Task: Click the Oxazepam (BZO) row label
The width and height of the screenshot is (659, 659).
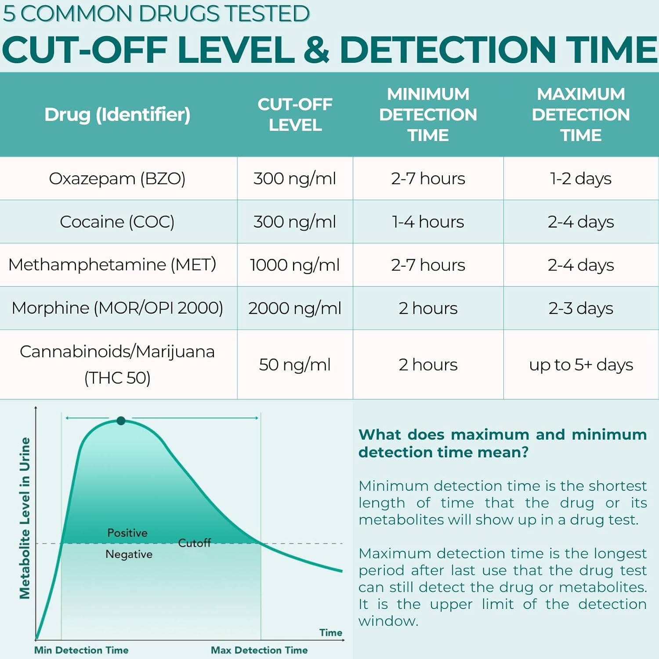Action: tap(117, 179)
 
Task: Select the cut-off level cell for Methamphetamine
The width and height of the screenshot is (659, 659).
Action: tap(295, 265)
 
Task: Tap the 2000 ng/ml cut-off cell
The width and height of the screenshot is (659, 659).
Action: tap(295, 308)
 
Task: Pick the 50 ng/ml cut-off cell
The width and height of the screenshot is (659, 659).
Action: tap(295, 365)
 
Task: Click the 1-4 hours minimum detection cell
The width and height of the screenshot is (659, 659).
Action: tap(428, 222)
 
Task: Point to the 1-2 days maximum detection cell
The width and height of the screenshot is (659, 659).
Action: tap(581, 179)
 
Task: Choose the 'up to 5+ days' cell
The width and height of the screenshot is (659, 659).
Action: tap(581, 365)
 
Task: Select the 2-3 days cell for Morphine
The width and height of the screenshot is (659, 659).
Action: tap(581, 308)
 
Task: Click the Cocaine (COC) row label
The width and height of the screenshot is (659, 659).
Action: tap(117, 222)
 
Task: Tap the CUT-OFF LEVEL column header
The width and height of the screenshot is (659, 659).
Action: tap(295, 115)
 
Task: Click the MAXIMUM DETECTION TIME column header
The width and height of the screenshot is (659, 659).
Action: tap(581, 115)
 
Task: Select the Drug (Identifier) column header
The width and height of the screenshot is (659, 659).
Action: tap(117, 115)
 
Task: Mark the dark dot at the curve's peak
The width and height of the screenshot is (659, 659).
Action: tap(121, 421)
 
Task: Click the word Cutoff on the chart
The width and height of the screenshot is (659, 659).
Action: tap(195, 543)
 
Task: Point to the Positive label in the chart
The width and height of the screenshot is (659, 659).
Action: tap(127, 533)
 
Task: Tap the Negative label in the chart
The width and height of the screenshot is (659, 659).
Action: tap(129, 554)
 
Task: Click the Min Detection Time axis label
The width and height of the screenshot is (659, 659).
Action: tap(81, 650)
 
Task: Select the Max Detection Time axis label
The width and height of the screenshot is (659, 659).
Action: tap(259, 650)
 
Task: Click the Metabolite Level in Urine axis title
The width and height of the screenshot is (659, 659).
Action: tap(25, 518)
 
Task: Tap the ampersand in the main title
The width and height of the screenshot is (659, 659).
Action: tap(316, 49)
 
